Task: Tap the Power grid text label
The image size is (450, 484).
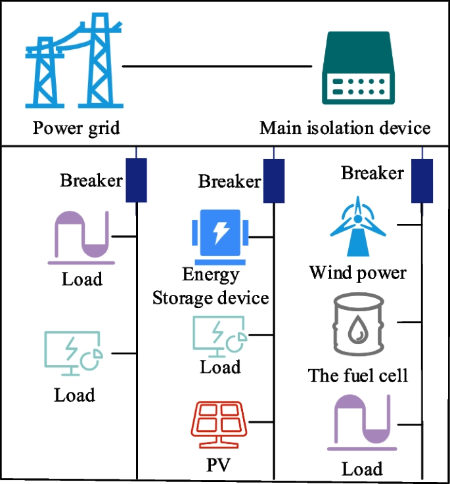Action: pyautogui.click(x=76, y=127)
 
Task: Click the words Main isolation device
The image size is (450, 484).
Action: pyautogui.click(x=345, y=127)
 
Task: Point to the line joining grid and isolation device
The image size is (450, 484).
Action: pyautogui.click(x=217, y=66)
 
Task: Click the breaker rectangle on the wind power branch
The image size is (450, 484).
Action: pyautogui.click(x=422, y=181)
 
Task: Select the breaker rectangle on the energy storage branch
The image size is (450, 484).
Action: pyautogui.click(x=273, y=180)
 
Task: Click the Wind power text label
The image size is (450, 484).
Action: pyautogui.click(x=358, y=272)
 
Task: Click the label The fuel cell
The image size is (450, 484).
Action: pyautogui.click(x=358, y=376)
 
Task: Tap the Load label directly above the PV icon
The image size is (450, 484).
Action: pyautogui.click(x=220, y=366)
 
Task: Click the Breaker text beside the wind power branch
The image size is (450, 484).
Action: pyautogui.click(x=372, y=173)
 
